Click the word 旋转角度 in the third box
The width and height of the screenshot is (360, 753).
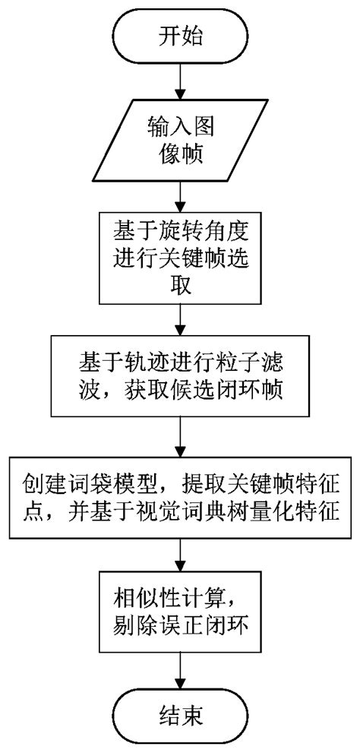coord(205,227)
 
